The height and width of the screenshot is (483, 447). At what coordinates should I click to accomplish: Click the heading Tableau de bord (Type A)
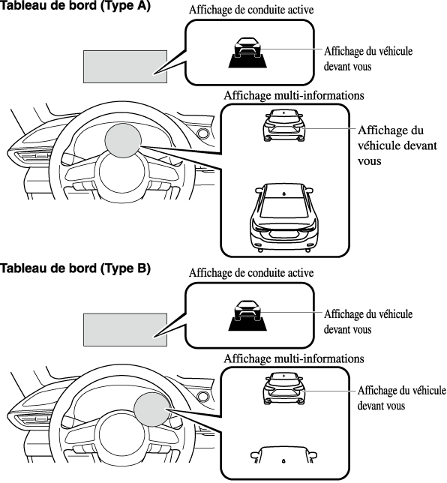[x=75, y=5]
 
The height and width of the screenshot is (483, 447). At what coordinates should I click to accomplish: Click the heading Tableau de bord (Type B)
[x=75, y=268]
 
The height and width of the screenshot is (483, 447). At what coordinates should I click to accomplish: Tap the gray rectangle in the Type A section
[x=125, y=67]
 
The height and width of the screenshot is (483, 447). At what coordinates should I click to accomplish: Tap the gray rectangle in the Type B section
[x=125, y=330]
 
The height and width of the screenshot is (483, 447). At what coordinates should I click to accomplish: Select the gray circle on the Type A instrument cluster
[x=123, y=141]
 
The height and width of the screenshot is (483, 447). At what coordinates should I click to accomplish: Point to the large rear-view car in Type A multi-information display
[x=284, y=217]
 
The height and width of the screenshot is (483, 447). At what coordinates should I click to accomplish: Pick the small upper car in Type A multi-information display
[x=285, y=125]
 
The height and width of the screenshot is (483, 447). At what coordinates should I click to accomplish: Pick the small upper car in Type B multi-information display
[x=285, y=388]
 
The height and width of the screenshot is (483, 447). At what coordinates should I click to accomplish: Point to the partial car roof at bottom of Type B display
[x=283, y=455]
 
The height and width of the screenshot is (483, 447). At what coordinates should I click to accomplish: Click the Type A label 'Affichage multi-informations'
[x=294, y=95]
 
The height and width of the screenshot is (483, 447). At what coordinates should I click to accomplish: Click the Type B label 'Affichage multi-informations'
[x=294, y=358]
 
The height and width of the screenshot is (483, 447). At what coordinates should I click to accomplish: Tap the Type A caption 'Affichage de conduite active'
[x=251, y=10]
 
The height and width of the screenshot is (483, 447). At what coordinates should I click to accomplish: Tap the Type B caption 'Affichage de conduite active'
[x=251, y=273]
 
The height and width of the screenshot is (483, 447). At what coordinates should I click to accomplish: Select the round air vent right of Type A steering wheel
[x=203, y=133]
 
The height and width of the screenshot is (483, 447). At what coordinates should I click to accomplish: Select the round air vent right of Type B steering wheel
[x=203, y=397]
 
